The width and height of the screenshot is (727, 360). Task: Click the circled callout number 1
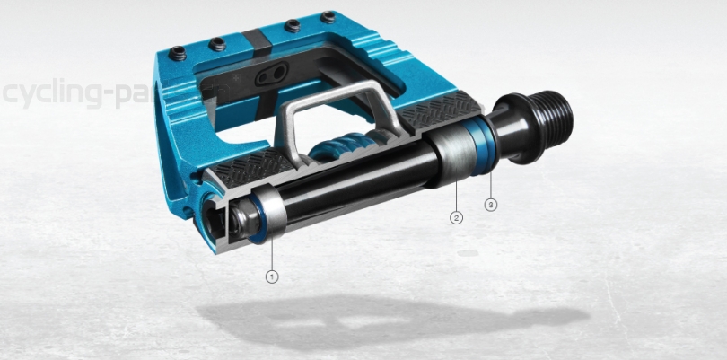pos(273,277)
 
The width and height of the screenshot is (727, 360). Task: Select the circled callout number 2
pos(456,217)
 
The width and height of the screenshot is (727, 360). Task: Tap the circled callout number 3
pos(491,204)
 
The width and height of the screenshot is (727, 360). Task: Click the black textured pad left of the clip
pos(251,166)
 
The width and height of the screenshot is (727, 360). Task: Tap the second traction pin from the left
pos(215,41)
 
